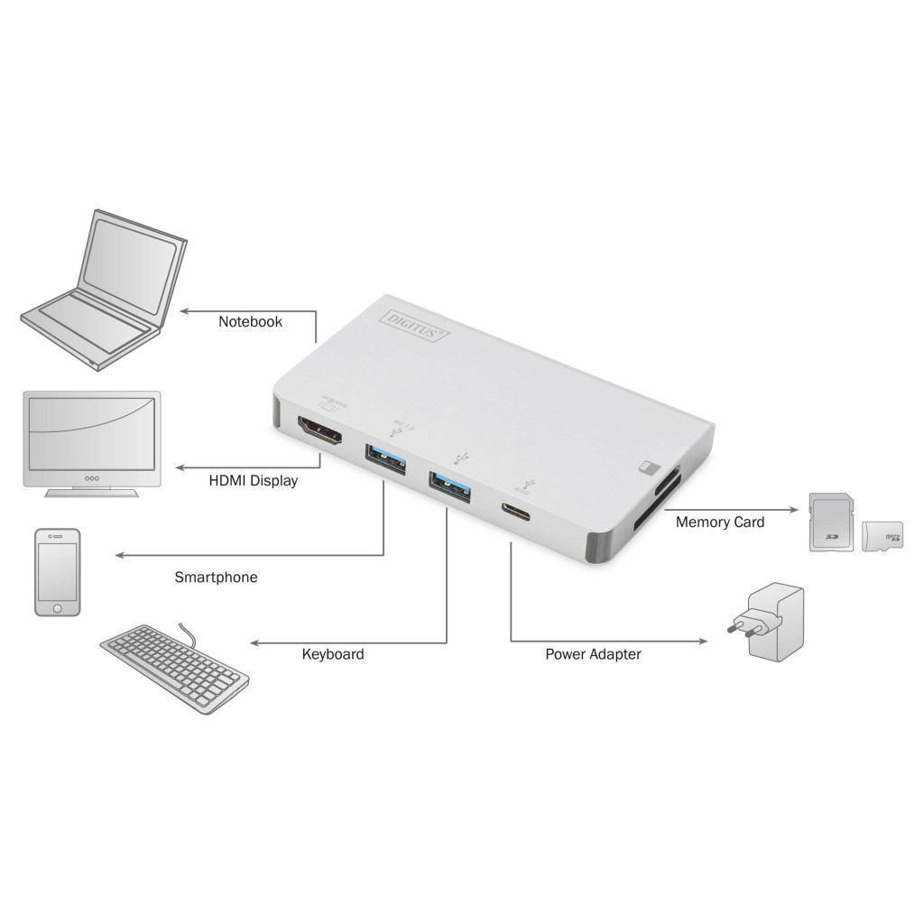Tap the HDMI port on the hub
tap(319, 433)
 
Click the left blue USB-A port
tap(386, 457)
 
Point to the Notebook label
tap(250, 321)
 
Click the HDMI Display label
tap(253, 481)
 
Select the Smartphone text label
tap(216, 577)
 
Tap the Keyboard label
tap(333, 654)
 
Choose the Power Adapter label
tap(593, 654)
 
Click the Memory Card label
tap(719, 522)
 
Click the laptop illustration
tap(104, 289)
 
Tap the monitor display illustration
tap(92, 442)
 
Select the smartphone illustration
tap(58, 572)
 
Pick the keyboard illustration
tap(174, 667)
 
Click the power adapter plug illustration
tap(765, 624)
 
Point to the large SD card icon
tap(830, 522)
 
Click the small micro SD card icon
tap(882, 536)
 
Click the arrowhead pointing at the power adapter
tap(703, 642)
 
